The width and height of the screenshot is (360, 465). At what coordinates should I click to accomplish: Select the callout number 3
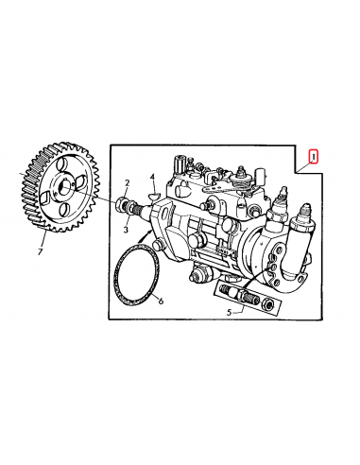click(x=126, y=228)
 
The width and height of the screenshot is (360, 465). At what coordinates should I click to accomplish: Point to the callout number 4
click(x=151, y=177)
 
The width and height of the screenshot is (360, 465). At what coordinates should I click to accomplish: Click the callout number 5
click(x=229, y=311)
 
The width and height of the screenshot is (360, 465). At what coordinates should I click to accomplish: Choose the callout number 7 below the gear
click(x=41, y=252)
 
